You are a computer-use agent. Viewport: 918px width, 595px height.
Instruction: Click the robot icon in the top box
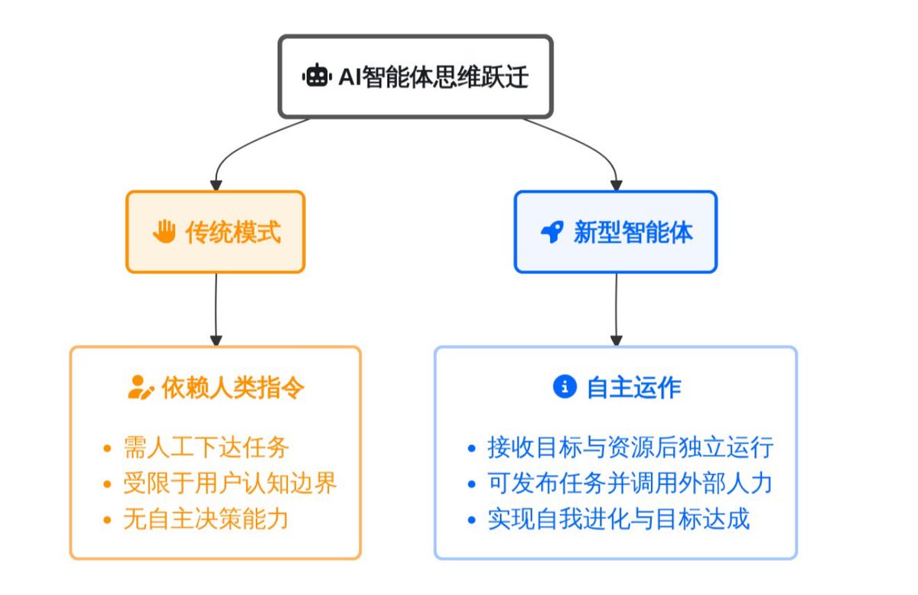point(317,76)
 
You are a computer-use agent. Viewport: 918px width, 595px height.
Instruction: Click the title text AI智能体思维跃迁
point(433,76)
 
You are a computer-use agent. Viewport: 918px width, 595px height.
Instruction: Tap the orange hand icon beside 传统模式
point(164,232)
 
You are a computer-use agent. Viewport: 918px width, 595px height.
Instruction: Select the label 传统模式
point(233,232)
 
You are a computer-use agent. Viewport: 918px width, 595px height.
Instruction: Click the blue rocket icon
point(552,232)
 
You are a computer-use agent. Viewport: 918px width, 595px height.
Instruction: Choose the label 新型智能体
point(633,232)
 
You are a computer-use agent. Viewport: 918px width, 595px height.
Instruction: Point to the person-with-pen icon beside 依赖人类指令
point(139,387)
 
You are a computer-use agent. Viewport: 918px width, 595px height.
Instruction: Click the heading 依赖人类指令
point(233,387)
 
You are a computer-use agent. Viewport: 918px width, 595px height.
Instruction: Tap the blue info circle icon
point(564,387)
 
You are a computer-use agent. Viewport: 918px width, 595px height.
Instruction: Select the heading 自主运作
point(633,387)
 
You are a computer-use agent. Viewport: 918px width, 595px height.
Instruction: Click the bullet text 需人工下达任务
point(206,447)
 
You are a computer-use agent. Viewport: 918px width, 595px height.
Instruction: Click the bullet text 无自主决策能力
point(206,519)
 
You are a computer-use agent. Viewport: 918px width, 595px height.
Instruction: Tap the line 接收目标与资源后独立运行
point(630,447)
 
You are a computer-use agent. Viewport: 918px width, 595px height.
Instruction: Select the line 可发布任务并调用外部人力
point(630,483)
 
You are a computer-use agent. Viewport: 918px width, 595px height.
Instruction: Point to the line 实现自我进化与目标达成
point(618,519)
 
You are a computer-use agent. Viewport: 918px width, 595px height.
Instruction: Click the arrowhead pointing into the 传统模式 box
point(216,184)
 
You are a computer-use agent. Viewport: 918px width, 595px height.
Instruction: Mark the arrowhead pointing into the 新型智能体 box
point(617,184)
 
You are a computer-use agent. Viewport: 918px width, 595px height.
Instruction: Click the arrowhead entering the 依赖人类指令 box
point(216,340)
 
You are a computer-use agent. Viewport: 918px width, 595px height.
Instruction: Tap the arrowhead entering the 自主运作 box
point(617,340)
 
